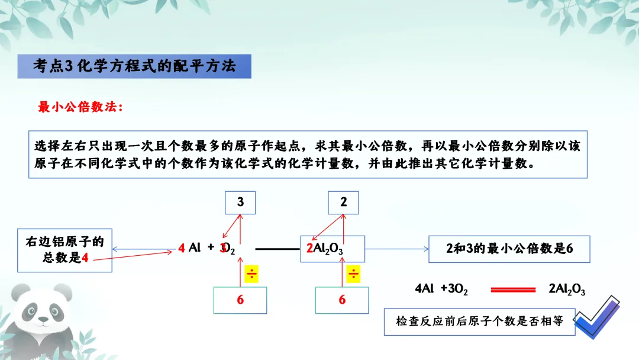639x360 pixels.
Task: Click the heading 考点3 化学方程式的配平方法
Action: [x=134, y=66]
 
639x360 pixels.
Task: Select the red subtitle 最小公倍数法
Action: [x=80, y=107]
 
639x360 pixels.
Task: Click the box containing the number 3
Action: [x=240, y=202]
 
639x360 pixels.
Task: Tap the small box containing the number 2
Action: [x=344, y=202]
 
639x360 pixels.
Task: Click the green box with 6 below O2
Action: [x=240, y=300]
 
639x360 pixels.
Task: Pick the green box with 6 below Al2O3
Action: [x=342, y=300]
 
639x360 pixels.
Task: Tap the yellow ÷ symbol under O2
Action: [x=252, y=274]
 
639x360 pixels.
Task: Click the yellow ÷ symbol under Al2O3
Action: [x=353, y=274]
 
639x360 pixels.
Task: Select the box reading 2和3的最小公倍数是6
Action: [x=509, y=249]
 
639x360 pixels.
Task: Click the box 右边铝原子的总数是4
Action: [x=65, y=250]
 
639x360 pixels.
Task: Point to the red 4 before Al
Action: [x=182, y=249]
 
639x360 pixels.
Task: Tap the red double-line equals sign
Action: [x=509, y=290]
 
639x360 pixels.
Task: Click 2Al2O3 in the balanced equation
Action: [x=567, y=290]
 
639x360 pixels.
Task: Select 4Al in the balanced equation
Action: [x=425, y=289]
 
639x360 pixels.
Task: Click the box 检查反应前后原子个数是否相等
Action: [x=479, y=322]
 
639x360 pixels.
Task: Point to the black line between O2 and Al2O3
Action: [x=279, y=249]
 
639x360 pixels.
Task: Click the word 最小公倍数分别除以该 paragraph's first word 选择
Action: [x=44, y=146]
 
